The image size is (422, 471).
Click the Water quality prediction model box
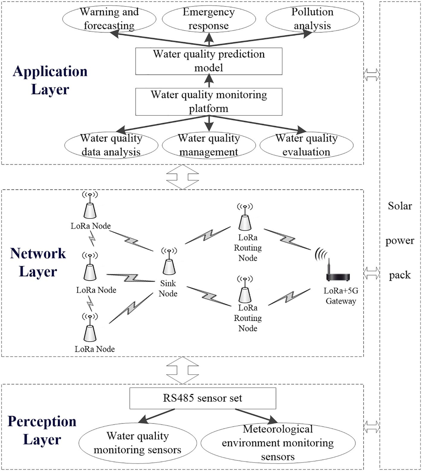pos(209,61)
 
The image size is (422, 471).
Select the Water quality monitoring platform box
pos(209,102)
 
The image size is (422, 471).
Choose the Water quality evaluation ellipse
pos(306,145)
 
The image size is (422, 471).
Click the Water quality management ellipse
pos(209,145)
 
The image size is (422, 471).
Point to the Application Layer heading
pos(50,80)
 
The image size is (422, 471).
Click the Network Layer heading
pos(38,262)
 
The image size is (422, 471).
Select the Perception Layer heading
pos(42,430)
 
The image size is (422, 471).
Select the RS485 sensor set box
pos(203,398)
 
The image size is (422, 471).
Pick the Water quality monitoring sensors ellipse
pos(138,443)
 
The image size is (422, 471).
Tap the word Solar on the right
pos(400,206)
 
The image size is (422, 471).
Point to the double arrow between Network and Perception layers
pos(183,370)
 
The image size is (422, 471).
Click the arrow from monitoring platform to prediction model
pos(209,82)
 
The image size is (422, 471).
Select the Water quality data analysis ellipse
pos(111,145)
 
